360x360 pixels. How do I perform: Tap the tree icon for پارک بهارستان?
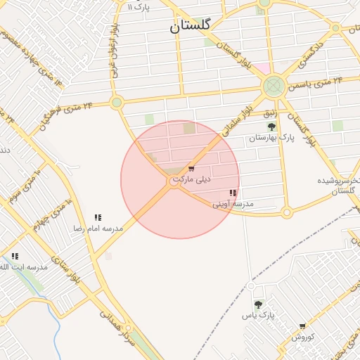click(271, 127)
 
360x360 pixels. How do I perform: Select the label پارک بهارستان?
click(270, 139)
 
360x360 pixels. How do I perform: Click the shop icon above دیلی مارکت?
click(191, 169)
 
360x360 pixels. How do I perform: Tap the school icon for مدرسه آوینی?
click(233, 193)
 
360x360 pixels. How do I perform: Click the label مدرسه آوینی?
click(233, 204)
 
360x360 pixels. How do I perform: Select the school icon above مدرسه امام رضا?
click(98, 218)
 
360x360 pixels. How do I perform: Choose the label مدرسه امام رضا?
click(98, 229)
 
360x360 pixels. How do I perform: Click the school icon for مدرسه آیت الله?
click(15, 257)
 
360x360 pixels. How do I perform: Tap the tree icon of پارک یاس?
click(259, 305)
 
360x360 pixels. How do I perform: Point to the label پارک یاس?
click(258, 316)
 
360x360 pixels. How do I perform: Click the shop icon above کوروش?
click(302, 326)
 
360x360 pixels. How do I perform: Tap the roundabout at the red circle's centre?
click(175, 181)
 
